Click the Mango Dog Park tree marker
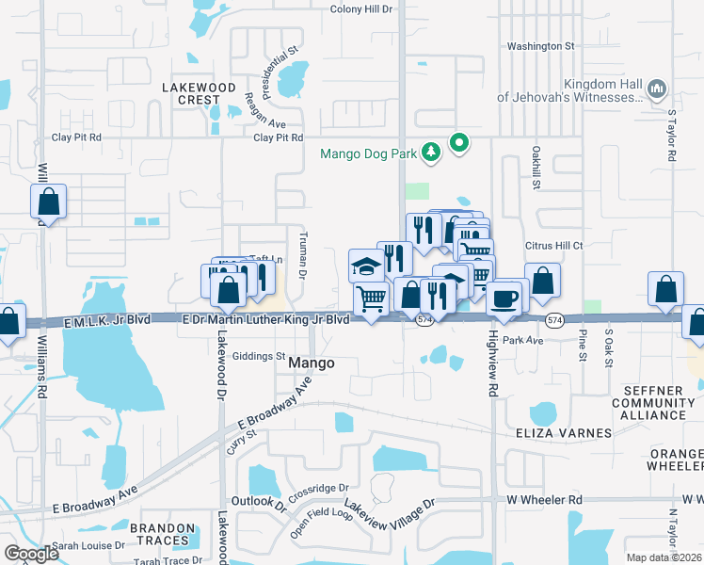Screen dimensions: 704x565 pyautogui.click(x=430, y=152)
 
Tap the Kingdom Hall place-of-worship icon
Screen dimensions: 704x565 pyautogui.click(x=657, y=90)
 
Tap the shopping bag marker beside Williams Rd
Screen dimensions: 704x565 pyautogui.click(x=48, y=202)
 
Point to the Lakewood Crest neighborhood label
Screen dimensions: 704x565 pyautogui.click(x=199, y=93)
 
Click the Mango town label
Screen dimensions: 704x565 pyautogui.click(x=311, y=363)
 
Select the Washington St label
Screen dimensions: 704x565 pyautogui.click(x=540, y=45)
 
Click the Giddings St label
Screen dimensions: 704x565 pyautogui.click(x=258, y=356)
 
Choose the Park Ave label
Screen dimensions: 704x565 pyautogui.click(x=523, y=340)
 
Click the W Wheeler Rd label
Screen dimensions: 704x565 pyautogui.click(x=545, y=499)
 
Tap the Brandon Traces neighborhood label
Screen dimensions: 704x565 pyautogui.click(x=161, y=534)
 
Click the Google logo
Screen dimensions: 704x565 pyautogui.click(x=31, y=554)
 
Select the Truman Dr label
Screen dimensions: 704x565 pyautogui.click(x=302, y=255)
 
